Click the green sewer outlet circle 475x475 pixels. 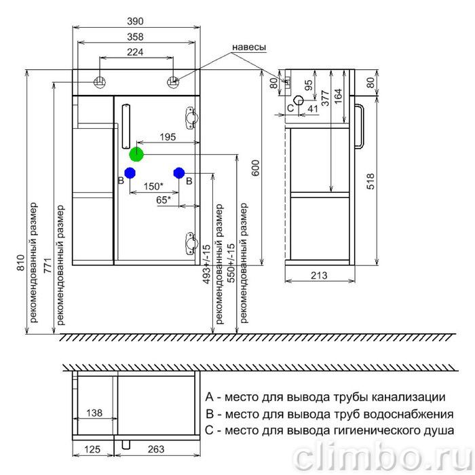(136, 155)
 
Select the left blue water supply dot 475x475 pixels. (130, 173)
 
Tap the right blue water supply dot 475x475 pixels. (179, 173)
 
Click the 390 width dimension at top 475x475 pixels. (135, 21)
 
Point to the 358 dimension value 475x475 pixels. (135, 37)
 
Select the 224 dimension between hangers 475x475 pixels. (135, 52)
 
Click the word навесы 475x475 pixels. (249, 47)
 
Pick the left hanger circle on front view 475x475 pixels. (99, 81)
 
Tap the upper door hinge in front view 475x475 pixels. (191, 117)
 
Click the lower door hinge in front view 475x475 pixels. (191, 243)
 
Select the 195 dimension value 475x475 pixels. (168, 137)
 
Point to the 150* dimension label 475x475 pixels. (153, 187)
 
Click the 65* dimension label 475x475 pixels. (164, 200)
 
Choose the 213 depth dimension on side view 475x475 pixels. (319, 275)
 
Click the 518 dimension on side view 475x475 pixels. (370, 181)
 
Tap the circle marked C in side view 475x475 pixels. (299, 100)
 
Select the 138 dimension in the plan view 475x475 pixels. (94, 413)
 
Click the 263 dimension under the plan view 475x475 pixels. (156, 449)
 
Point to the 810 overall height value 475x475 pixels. (20, 263)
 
